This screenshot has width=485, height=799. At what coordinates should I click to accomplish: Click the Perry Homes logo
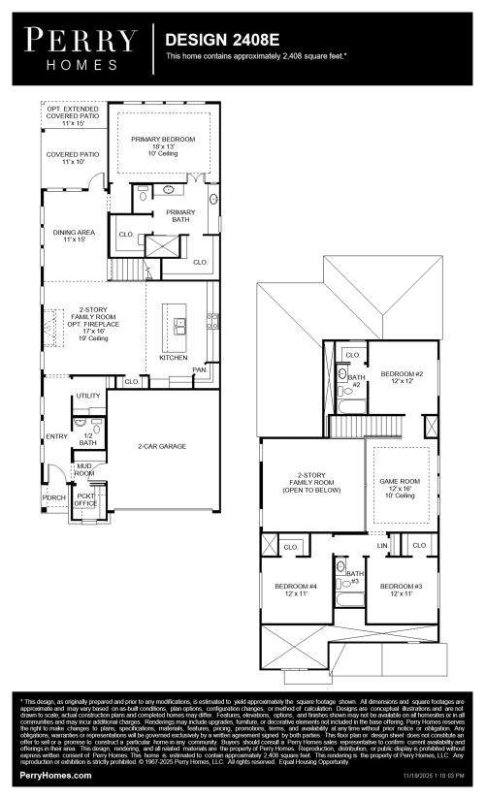tap(82, 48)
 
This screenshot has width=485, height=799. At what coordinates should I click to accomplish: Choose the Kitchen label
tap(174, 358)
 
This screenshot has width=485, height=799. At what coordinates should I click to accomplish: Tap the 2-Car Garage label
tap(161, 446)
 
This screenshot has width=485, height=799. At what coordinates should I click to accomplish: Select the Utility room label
tap(88, 396)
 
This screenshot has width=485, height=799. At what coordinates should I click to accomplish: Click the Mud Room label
tap(85, 470)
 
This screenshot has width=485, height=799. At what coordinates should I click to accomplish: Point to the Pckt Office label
tap(85, 500)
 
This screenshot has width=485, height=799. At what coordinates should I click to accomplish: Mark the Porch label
tap(53, 497)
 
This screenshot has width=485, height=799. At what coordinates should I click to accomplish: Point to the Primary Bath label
tap(180, 215)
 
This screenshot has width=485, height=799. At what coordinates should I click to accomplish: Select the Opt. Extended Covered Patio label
tap(73, 117)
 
